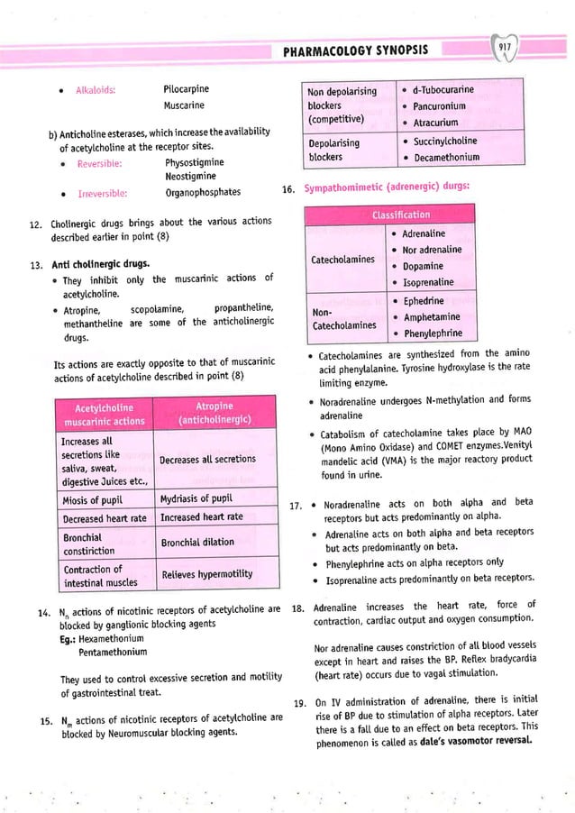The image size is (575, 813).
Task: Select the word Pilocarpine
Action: click(188, 89)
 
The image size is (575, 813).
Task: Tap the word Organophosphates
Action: click(203, 192)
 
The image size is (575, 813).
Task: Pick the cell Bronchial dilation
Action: click(196, 542)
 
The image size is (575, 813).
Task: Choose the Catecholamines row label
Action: click(342, 259)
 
